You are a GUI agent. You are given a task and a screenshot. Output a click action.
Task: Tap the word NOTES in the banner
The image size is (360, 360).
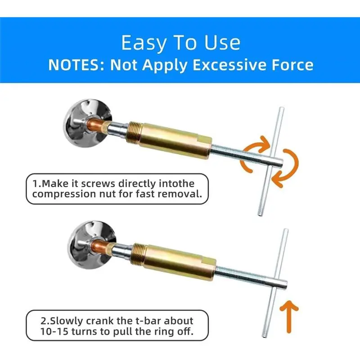coord(76,65)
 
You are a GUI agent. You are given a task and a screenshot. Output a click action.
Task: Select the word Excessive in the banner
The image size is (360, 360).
coord(230,65)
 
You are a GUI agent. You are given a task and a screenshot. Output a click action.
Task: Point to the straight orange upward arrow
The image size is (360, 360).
coord(289,317)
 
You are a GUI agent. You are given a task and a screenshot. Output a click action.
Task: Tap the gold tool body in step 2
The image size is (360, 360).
coord(175,262)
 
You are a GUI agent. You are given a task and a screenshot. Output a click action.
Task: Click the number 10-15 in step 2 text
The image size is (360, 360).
coord(54,332)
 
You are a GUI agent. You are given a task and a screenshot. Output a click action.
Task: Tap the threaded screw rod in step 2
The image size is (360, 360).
coord(250,277)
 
